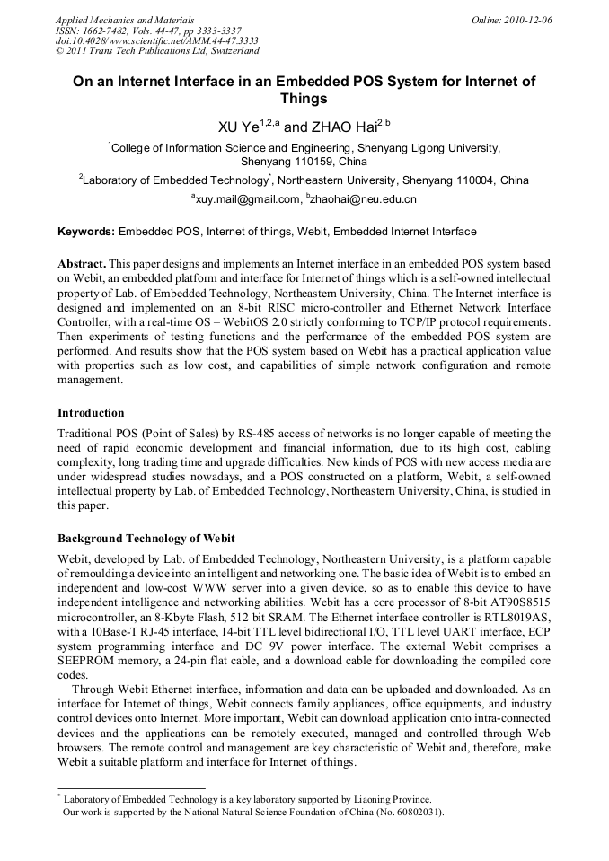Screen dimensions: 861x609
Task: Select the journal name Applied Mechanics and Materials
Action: [x=113, y=19]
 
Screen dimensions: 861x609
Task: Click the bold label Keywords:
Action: [x=86, y=232]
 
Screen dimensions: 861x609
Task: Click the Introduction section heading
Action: [x=91, y=413]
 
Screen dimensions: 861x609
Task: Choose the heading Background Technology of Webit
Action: [x=146, y=539]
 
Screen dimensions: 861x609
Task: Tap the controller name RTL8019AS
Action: [x=517, y=622]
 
